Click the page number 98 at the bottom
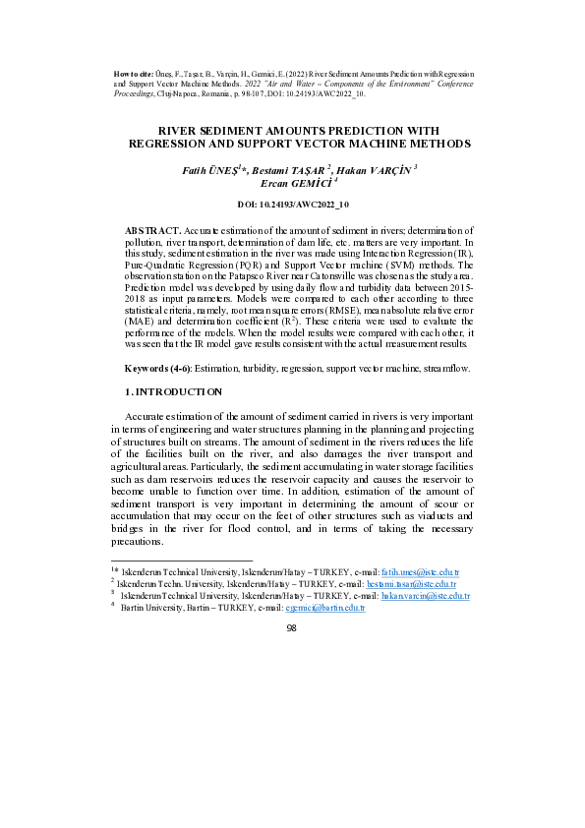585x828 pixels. point(291,627)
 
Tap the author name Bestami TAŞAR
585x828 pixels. point(293,169)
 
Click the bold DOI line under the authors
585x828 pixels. point(292,205)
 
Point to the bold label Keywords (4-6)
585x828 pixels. point(157,368)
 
